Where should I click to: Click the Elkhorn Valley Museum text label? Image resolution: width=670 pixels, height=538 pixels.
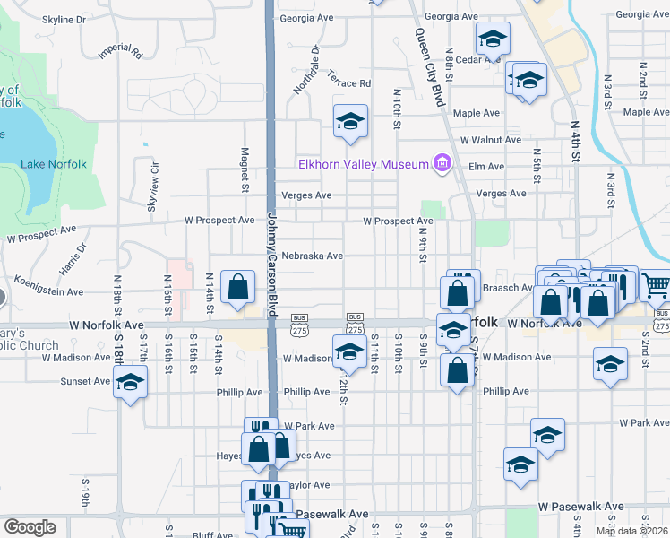click(x=363, y=163)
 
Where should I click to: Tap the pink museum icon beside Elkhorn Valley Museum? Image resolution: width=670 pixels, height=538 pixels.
click(x=441, y=163)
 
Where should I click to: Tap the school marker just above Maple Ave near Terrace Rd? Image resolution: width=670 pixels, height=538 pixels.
click(x=351, y=122)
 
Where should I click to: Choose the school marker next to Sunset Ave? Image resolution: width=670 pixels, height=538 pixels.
click(x=130, y=384)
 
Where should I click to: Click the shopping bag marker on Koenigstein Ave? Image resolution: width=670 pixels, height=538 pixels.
click(x=237, y=289)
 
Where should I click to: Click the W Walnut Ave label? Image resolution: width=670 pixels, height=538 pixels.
click(x=490, y=140)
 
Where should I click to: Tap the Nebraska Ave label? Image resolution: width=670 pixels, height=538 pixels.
click(x=312, y=256)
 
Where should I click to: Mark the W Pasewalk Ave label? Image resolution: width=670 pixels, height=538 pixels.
click(x=580, y=507)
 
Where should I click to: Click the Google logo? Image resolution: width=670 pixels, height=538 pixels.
click(x=30, y=527)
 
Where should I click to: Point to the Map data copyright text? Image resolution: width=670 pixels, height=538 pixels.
click(x=631, y=531)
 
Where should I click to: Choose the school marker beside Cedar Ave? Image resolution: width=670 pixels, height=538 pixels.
click(x=492, y=40)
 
